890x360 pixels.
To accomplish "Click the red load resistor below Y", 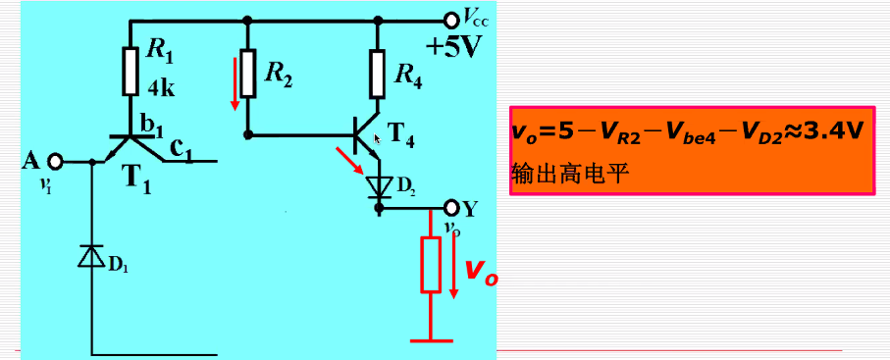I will (430, 264).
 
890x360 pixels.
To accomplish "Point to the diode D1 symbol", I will (91, 256).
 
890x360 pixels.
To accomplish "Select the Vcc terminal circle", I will (451, 19).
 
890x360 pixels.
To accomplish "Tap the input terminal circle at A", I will (56, 161).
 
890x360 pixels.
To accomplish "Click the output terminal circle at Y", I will (451, 208).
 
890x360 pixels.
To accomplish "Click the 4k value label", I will (161, 90).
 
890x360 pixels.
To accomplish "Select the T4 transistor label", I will (401, 138).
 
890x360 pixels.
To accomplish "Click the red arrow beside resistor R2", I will (235, 84).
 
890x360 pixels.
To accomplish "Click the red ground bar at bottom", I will (431, 340).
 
